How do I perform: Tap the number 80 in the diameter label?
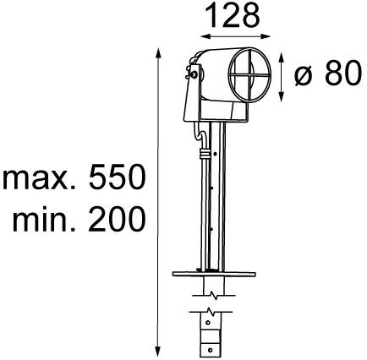[338, 74]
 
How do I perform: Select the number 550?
[116, 180]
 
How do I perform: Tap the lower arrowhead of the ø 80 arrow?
[281, 95]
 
